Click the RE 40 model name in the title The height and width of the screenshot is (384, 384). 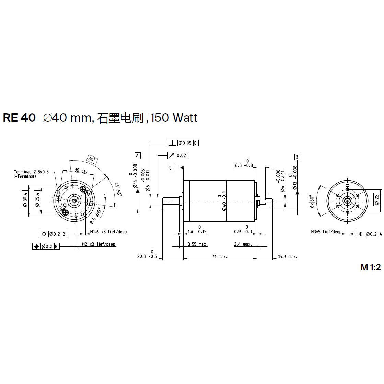click(19, 118)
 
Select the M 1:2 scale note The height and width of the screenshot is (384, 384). click(371, 267)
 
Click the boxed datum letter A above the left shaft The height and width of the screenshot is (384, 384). click(138, 156)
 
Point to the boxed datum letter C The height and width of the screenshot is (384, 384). click(171, 168)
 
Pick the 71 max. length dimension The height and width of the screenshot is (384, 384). click(218, 256)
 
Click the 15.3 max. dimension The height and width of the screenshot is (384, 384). click(288, 256)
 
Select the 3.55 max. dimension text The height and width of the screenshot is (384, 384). click(198, 244)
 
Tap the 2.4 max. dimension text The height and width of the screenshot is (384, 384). click(243, 244)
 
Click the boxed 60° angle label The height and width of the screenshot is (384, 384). click(92, 160)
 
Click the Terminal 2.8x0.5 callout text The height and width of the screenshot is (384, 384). click(32, 172)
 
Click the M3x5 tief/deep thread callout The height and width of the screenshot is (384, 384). click(326, 232)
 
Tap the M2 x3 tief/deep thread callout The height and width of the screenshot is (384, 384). click(98, 244)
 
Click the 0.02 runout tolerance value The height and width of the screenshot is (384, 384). click(182, 156)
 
